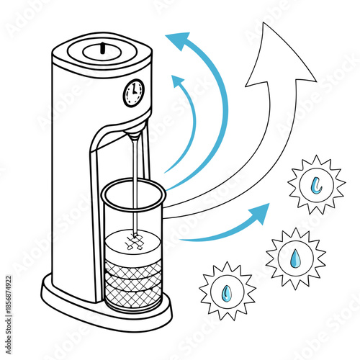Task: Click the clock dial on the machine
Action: [133, 92]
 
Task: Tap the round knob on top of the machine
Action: [102, 51]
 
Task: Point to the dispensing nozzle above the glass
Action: [133, 135]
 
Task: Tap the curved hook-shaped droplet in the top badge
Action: [316, 184]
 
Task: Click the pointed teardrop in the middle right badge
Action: [296, 257]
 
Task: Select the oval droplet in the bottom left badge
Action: [228, 292]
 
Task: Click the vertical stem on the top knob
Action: [102, 48]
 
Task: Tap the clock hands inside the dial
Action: [132, 91]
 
